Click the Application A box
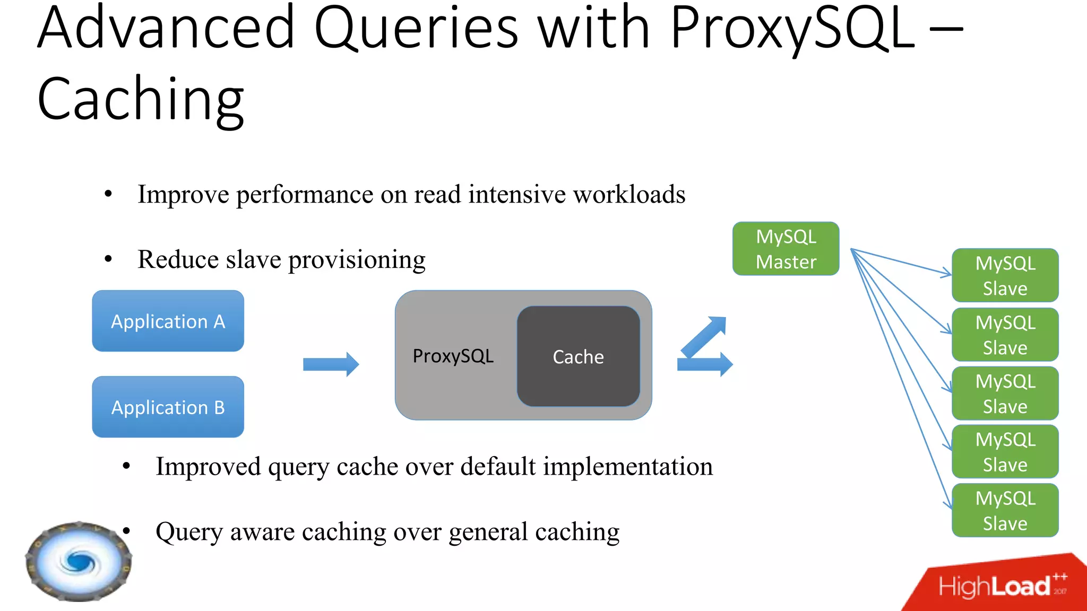[168, 321]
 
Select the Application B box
[168, 407]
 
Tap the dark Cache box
[578, 356]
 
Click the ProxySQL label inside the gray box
[453, 356]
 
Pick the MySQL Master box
[786, 249]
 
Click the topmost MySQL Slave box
[1005, 275]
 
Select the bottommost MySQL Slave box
[1005, 510]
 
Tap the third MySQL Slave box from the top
[1005, 394]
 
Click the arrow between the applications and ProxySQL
[331, 364]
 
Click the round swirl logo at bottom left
[79, 561]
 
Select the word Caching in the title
[141, 99]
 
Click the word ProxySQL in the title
[792, 29]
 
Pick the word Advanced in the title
[166, 29]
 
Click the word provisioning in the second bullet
[357, 260]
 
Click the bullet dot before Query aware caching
[126, 531]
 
